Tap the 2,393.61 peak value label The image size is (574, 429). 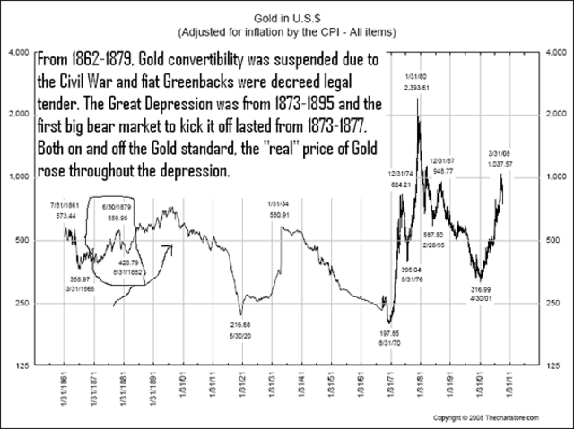[x=418, y=88]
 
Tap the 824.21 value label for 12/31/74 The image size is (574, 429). [x=399, y=184]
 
